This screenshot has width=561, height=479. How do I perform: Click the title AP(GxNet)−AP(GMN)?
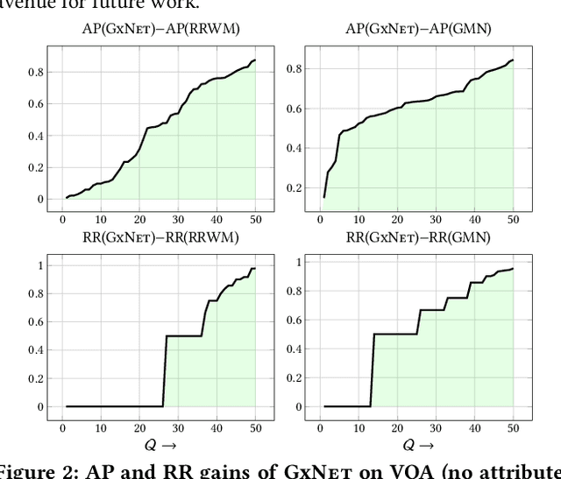[418, 29]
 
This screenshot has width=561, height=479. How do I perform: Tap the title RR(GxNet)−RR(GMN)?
[418, 237]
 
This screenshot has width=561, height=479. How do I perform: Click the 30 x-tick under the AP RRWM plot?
[179, 220]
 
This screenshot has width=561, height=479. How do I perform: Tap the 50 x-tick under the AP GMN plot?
[513, 220]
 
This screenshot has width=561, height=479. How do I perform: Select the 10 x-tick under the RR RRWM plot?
[101, 427]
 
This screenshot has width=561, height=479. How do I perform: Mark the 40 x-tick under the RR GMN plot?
[474, 427]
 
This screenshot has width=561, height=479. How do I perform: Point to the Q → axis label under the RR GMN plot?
[416, 444]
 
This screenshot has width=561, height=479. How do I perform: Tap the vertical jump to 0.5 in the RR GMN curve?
[372, 369]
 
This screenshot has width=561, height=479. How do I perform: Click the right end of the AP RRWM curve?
[255, 60]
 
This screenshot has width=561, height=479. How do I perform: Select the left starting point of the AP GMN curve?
[323, 197]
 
